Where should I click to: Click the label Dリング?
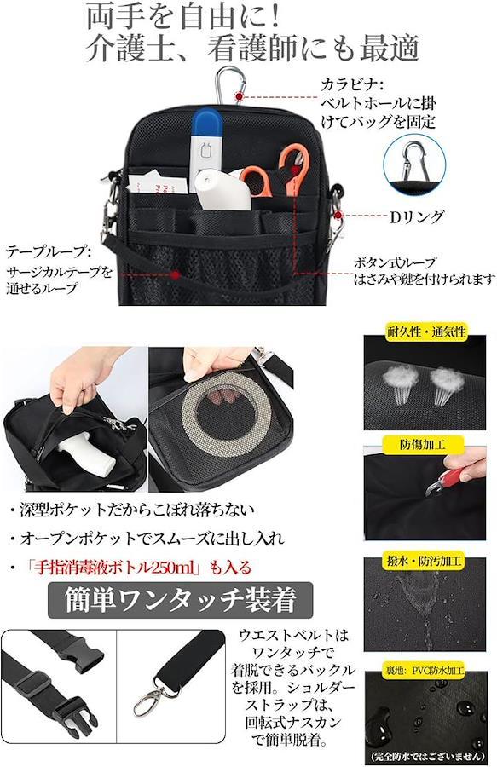[417, 216]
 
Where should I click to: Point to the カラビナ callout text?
[378, 103]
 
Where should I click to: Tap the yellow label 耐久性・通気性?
[426, 332]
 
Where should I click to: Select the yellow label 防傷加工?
[422, 445]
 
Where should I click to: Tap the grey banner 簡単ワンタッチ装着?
[180, 600]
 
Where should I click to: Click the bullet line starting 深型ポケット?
[131, 510]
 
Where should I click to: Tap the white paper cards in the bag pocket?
[157, 181]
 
